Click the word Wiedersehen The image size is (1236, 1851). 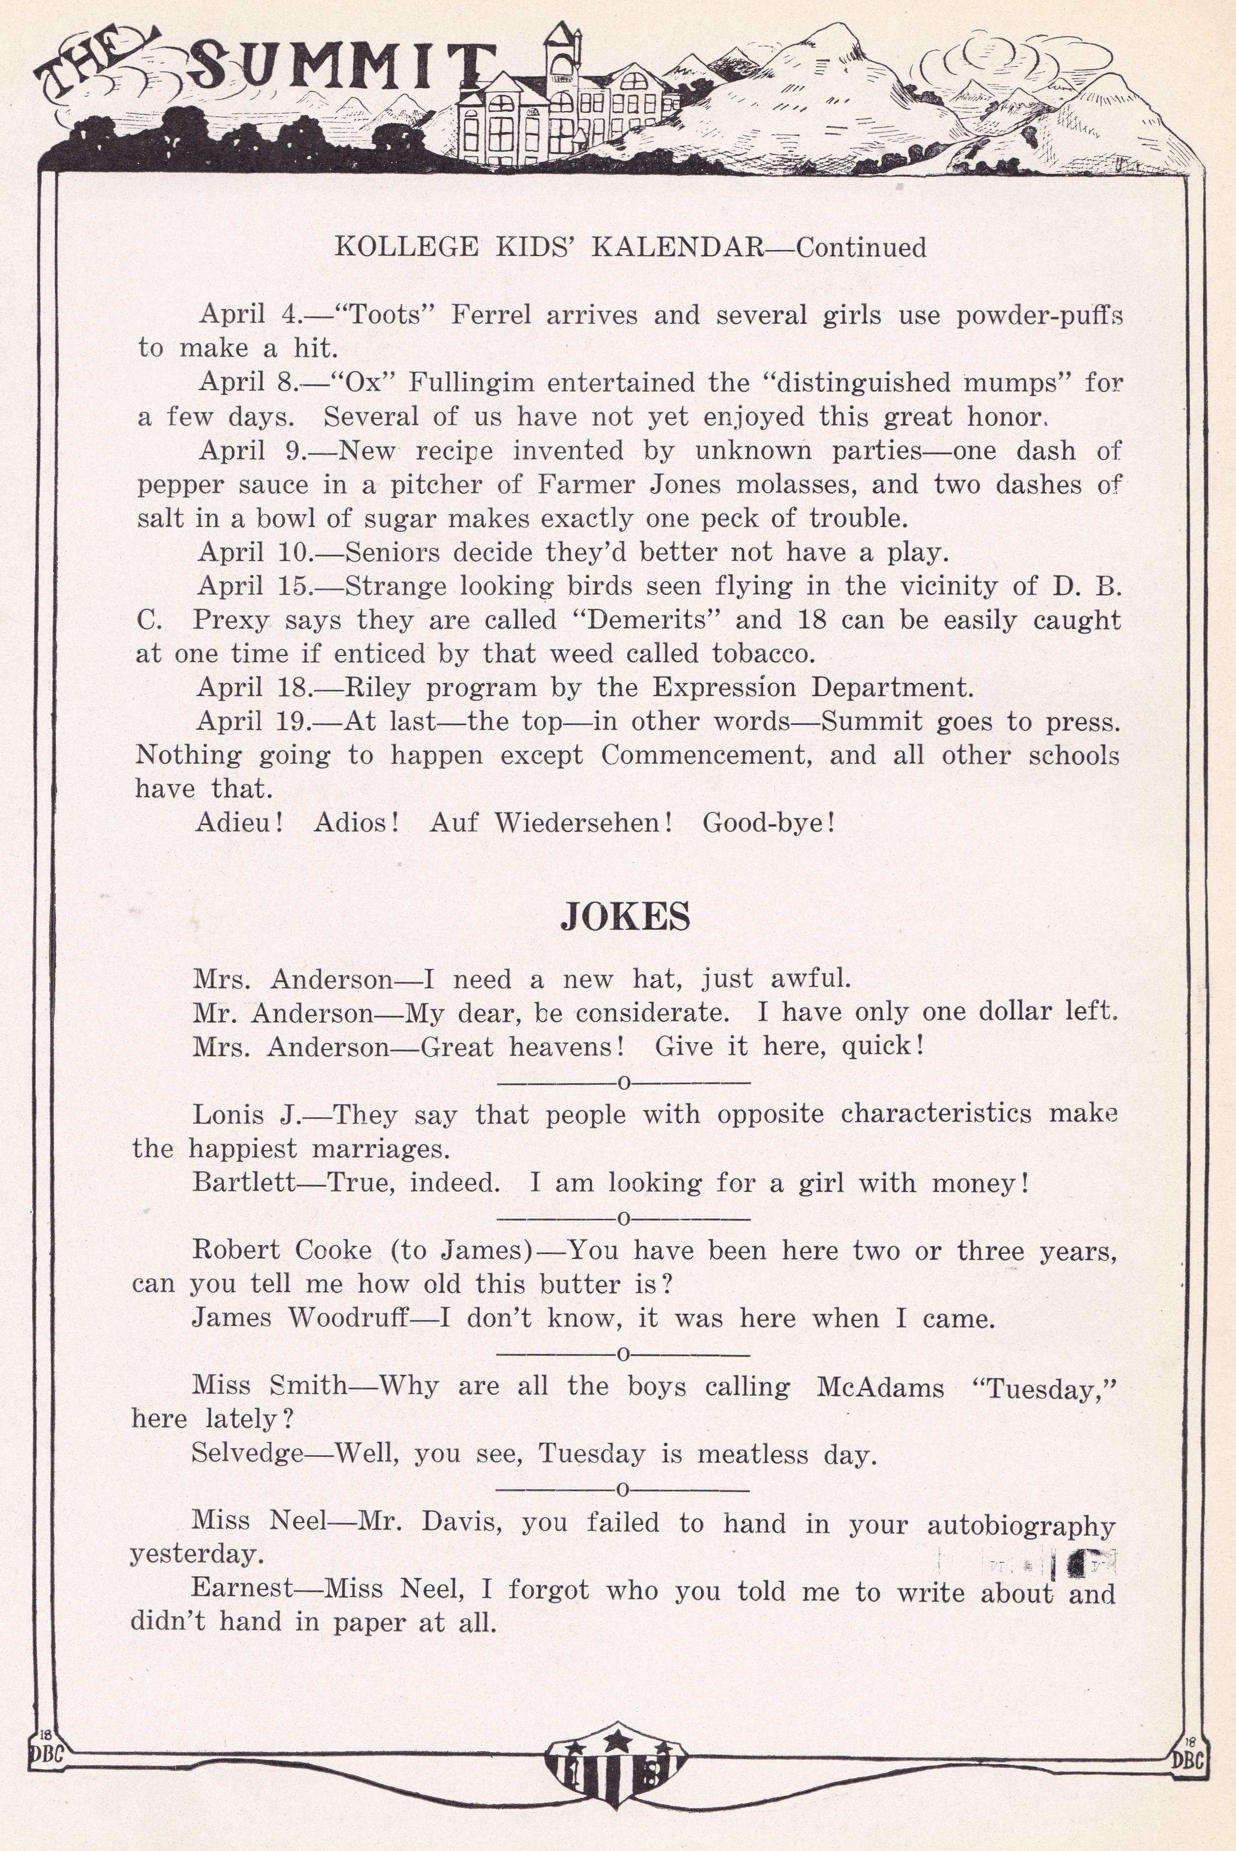[x=583, y=823]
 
